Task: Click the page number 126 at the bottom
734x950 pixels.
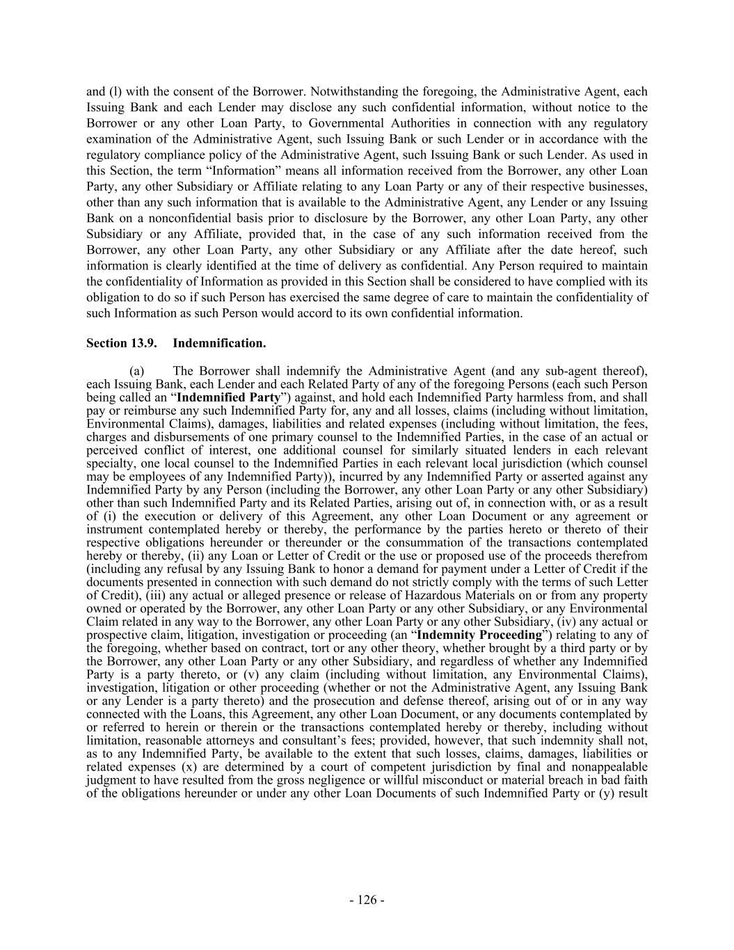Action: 367,900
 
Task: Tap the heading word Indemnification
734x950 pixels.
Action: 219,343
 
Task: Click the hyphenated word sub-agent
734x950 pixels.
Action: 577,370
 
